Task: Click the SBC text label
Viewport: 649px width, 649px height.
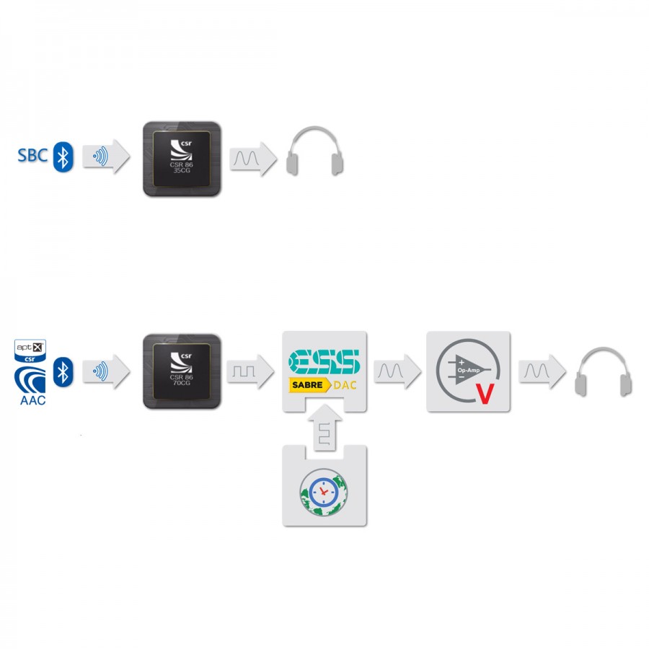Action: [32, 156]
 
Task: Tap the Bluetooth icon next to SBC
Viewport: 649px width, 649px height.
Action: [63, 157]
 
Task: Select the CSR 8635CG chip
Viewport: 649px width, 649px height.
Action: [182, 159]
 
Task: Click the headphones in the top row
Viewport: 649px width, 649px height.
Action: [314, 151]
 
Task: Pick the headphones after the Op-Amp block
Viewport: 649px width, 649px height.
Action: [603, 371]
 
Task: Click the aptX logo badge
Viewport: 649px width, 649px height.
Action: [30, 350]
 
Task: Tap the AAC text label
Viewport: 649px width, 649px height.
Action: [32, 400]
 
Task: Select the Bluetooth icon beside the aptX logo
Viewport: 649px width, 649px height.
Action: [63, 371]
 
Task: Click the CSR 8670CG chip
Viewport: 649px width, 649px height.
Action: [182, 371]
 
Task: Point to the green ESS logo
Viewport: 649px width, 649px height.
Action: [324, 362]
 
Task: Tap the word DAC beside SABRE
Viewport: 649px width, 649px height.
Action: [345, 385]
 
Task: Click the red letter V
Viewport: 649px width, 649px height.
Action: [485, 394]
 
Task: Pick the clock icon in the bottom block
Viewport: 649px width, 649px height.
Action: [324, 492]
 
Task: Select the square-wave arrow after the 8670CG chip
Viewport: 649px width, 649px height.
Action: [250, 371]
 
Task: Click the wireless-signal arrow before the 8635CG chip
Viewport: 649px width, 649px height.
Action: [107, 156]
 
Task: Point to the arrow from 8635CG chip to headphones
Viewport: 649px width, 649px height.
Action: [253, 159]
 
